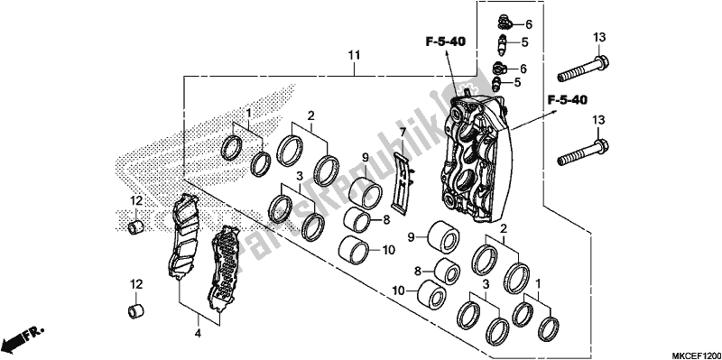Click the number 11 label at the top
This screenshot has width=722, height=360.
(x=355, y=56)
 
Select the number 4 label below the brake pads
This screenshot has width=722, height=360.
(x=198, y=332)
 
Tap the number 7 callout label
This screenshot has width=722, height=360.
(x=403, y=132)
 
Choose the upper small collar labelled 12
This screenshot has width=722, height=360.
(x=135, y=227)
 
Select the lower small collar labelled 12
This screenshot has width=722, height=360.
(x=135, y=310)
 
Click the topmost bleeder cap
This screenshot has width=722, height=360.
(x=504, y=21)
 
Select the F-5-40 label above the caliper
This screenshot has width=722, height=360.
(x=445, y=42)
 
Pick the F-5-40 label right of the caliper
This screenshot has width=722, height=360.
(x=569, y=100)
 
